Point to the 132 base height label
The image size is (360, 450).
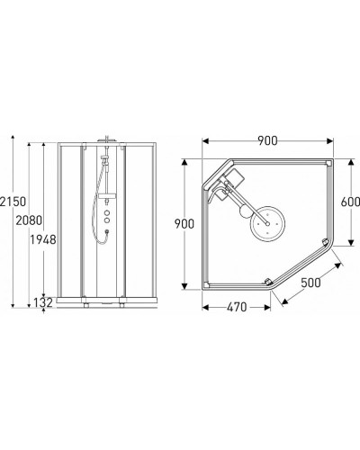[x=41, y=303]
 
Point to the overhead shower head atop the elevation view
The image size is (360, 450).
[x=105, y=140]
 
